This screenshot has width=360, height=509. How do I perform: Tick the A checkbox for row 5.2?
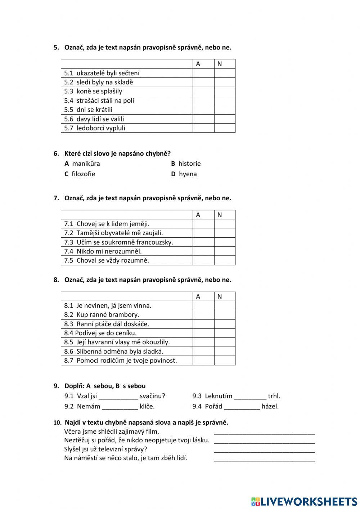coord(203,82)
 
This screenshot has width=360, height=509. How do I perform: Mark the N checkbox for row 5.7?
coord(225,128)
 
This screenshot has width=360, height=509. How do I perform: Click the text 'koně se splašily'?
coord(99,91)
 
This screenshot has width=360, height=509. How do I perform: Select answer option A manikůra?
coord(82,164)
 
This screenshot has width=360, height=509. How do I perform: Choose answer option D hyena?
coord(184,174)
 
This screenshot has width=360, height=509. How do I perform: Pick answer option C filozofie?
coord(80,174)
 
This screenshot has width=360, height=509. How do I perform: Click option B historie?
coord(186,164)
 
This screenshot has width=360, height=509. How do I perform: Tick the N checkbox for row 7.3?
coord(225,242)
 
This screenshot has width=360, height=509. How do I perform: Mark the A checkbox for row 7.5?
coord(203,260)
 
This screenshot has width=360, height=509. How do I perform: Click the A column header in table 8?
coord(198,296)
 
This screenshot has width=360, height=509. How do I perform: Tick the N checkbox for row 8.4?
coord(225,333)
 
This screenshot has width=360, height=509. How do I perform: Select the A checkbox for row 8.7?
coord(203,361)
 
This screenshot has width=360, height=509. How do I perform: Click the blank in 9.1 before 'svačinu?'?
coord(118,396)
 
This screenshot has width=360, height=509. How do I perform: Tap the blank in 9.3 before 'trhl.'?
coord(250,396)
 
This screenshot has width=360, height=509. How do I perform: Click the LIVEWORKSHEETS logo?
coord(304,501)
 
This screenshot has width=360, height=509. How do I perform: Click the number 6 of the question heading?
coord(56,153)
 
